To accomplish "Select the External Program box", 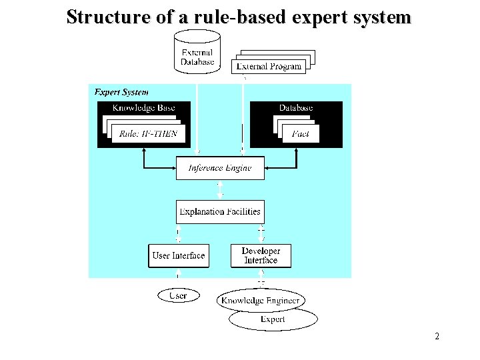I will pyautogui.click(x=269, y=66).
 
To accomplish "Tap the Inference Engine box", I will pyautogui.click(x=220, y=168).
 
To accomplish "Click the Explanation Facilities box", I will pyautogui.click(x=220, y=212).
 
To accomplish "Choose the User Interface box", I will pyautogui.click(x=179, y=256).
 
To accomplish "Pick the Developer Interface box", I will pyautogui.click(x=261, y=256).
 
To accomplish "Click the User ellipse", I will pyautogui.click(x=178, y=295).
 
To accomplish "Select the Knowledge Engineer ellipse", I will pyautogui.click(x=261, y=301).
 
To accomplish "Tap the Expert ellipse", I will pyautogui.click(x=273, y=320).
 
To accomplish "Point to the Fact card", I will pyautogui.click(x=301, y=134).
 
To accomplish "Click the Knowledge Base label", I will pyautogui.click(x=143, y=108).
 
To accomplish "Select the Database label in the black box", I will pyautogui.click(x=296, y=108).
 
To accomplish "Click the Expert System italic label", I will pyautogui.click(x=121, y=92).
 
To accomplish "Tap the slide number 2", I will pyautogui.click(x=437, y=337).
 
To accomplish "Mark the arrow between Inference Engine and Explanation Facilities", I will pyautogui.click(x=220, y=190).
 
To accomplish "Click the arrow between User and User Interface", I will pyautogui.click(x=178, y=277).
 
